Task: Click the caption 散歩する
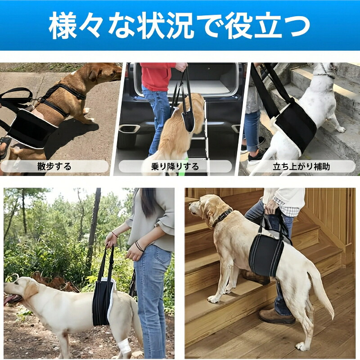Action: point(54,166)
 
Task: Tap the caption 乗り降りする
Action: point(175,166)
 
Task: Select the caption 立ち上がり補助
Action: point(301,166)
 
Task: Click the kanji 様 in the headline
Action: point(63,25)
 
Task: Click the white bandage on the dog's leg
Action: point(124,346)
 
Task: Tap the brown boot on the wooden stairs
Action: point(277,317)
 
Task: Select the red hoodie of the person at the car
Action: point(157,76)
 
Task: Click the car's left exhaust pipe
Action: point(130,129)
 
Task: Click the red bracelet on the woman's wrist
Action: point(115,234)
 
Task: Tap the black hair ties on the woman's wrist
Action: point(139,246)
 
